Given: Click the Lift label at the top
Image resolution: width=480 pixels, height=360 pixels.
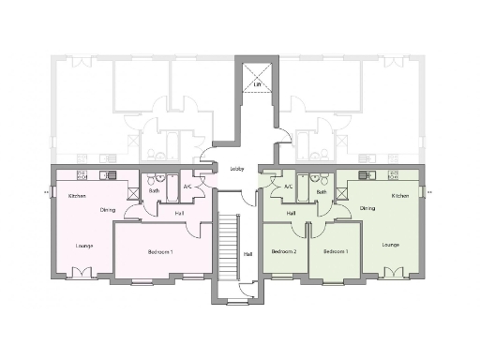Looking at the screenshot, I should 257,84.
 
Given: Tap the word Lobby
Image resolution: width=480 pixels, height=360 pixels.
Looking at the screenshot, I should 237,169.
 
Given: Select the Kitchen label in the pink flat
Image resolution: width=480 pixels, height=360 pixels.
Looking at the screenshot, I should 77,196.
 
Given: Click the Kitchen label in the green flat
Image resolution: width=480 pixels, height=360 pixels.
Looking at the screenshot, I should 400,196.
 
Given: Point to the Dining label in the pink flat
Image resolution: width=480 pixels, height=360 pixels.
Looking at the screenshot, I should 108,209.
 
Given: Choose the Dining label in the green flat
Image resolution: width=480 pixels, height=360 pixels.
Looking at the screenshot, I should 367,208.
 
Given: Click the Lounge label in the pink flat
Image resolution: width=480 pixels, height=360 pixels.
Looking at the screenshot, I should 84,246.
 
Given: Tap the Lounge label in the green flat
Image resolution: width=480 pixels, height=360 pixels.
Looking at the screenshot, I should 391,245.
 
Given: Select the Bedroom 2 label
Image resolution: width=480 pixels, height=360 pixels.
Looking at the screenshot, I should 283,252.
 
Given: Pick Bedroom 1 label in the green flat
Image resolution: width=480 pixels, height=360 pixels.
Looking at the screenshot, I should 336,252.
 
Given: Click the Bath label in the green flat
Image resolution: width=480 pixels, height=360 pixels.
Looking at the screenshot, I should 321,192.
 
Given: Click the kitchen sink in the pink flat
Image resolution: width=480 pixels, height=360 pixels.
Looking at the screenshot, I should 110,175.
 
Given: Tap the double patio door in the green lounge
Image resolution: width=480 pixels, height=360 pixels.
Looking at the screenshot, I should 395,274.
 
